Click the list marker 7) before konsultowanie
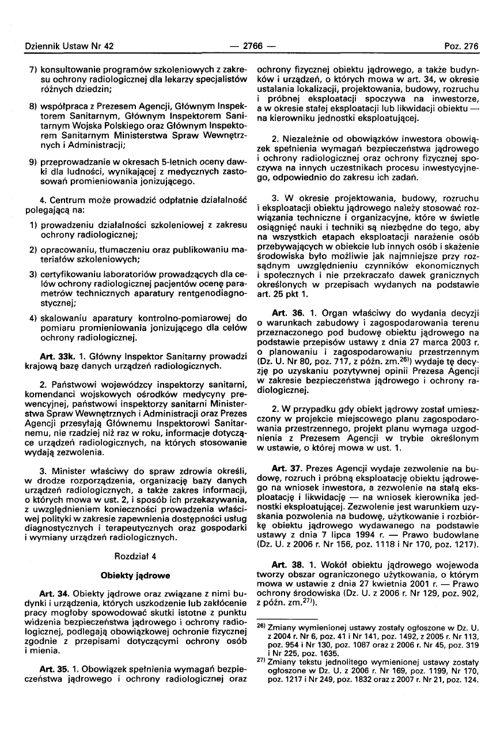click(x=33, y=69)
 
